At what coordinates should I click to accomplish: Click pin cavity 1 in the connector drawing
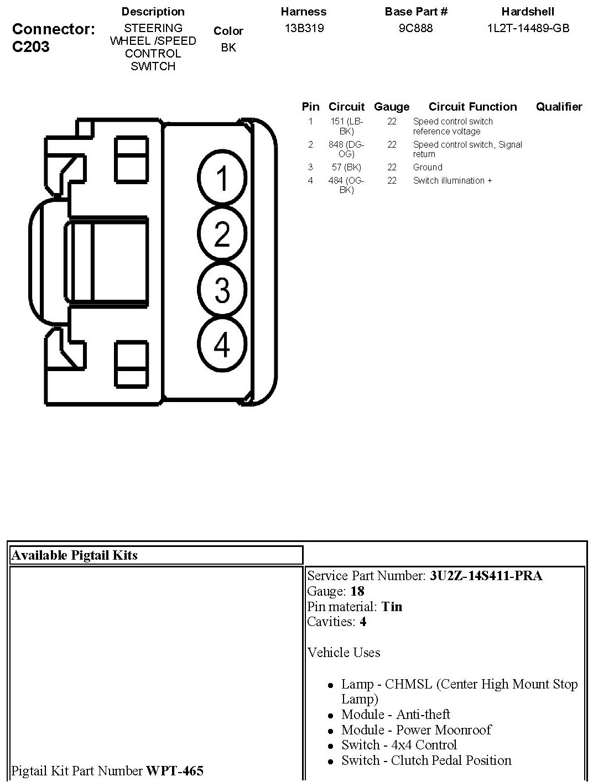[x=222, y=178]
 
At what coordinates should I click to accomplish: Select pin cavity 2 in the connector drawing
[x=222, y=234]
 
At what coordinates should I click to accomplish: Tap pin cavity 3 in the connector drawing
[x=222, y=290]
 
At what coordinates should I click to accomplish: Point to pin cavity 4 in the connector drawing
[x=222, y=345]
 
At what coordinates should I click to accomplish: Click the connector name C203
[x=31, y=46]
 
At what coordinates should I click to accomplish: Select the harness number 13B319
[x=304, y=28]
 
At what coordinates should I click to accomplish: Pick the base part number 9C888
[x=415, y=28]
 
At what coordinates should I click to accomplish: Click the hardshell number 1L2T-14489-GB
[x=528, y=28]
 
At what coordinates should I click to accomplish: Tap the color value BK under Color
[x=228, y=48]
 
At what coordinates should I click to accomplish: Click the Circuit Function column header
[x=472, y=107]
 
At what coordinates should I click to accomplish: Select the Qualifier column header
[x=559, y=107]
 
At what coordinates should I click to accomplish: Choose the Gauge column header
[x=392, y=107]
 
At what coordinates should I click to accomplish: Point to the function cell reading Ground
[x=428, y=167]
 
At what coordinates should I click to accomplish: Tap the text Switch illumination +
[x=452, y=180]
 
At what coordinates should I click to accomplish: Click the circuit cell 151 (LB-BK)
[x=346, y=126]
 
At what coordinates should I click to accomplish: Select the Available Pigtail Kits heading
[x=75, y=555]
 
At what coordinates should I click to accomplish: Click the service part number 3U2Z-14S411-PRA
[x=486, y=576]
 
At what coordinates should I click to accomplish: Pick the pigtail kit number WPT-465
[x=175, y=770]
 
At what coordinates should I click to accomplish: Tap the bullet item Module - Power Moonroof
[x=416, y=730]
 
